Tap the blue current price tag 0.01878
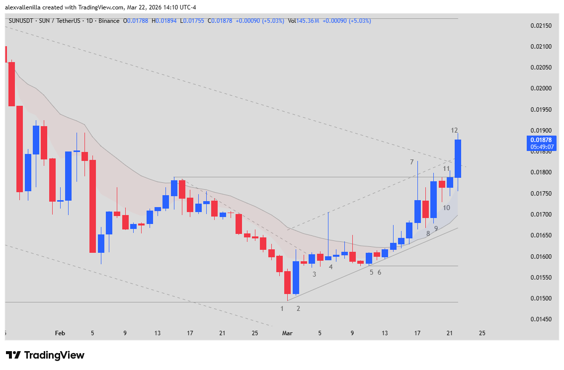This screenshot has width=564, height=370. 540,140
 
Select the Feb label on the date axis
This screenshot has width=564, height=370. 60,333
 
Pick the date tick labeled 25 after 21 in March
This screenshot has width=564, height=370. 482,333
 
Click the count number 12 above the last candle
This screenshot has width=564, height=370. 454,130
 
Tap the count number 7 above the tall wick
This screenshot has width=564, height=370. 412,162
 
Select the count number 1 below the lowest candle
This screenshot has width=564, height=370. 282,308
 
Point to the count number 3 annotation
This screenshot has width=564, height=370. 314,274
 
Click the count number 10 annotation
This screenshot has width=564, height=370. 446,208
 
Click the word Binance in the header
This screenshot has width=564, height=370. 109,20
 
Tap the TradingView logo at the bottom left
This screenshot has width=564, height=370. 45,355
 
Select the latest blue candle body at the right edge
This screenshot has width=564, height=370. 458,158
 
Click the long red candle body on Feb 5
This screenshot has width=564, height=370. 92,206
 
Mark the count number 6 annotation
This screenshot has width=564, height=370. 379,272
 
